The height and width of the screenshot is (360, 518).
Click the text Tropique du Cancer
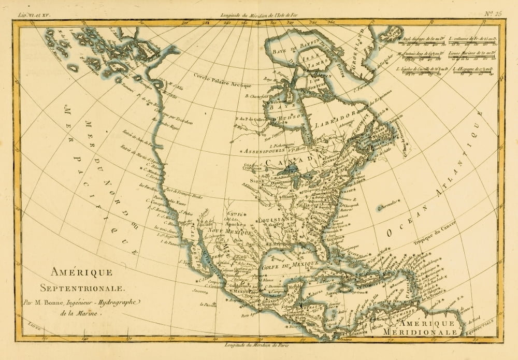pyautogui.click(x=419, y=233)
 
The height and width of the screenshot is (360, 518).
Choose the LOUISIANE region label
pyautogui.click(x=277, y=220)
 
